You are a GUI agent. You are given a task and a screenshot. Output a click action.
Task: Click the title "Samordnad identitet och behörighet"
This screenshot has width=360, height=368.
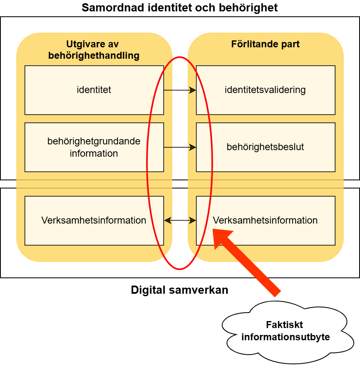click(x=180, y=7)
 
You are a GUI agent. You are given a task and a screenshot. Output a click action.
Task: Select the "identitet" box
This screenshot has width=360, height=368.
click(x=94, y=90)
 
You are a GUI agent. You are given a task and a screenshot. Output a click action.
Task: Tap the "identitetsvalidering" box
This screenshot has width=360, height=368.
click(x=265, y=90)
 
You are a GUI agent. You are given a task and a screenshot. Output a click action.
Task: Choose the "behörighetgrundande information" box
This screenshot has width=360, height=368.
click(x=94, y=147)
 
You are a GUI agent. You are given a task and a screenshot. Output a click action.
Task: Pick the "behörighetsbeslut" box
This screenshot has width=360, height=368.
click(x=265, y=147)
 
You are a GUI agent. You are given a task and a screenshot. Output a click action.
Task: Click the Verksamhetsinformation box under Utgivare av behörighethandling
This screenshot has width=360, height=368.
click(x=94, y=220)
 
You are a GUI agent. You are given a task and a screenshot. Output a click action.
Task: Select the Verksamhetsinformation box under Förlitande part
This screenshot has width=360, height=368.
click(x=265, y=220)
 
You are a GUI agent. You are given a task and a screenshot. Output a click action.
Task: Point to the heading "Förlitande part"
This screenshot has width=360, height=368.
click(x=265, y=44)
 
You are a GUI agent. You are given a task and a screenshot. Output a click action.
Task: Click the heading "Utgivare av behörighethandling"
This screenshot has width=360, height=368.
click(x=94, y=50)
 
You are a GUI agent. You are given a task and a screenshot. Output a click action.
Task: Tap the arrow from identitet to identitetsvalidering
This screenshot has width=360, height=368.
click(x=180, y=90)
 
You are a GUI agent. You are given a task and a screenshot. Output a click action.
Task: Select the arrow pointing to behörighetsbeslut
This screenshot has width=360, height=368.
click(x=180, y=147)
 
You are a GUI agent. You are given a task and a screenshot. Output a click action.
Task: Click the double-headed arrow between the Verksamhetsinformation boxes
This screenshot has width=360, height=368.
click(x=180, y=220)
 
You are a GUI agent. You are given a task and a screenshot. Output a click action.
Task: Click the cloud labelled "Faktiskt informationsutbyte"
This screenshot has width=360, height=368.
click(x=285, y=331)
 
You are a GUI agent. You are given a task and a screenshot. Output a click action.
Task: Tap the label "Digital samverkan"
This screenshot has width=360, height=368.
click(x=180, y=290)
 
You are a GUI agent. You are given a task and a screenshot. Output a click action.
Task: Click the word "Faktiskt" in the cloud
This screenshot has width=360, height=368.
click(x=284, y=325)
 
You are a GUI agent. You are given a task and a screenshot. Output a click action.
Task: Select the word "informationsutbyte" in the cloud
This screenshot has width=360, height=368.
click(x=285, y=337)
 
